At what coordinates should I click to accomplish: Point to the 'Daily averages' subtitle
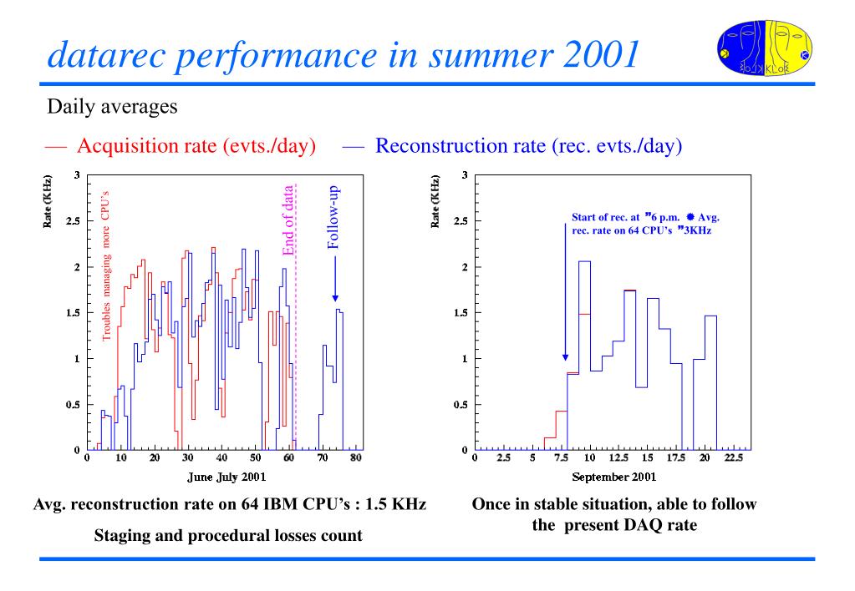(x=112, y=108)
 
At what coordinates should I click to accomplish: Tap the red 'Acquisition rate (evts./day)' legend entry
(x=196, y=146)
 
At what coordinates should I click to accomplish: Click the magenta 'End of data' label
(x=288, y=220)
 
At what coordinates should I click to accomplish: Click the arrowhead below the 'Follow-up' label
(x=335, y=296)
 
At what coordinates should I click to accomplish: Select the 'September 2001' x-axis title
(x=613, y=477)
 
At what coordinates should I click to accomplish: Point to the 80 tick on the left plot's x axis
(x=355, y=458)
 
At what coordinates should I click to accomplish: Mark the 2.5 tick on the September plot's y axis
(x=461, y=221)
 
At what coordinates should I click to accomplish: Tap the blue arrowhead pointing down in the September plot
(x=565, y=356)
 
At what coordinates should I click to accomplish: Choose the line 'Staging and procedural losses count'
(x=228, y=535)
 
